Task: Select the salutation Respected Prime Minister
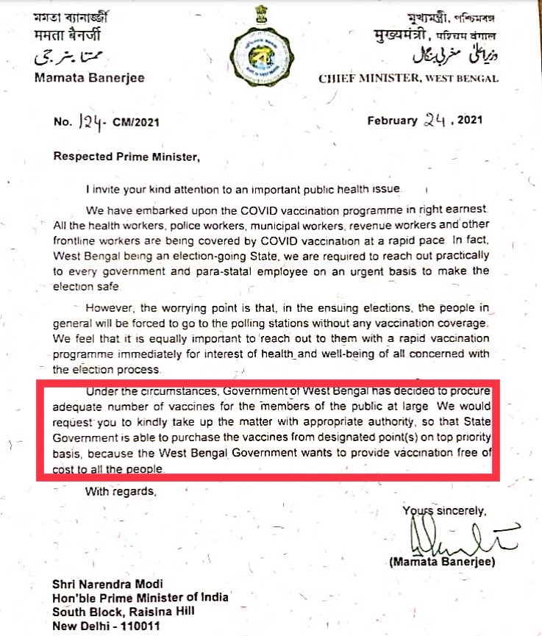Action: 126,156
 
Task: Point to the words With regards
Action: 121,490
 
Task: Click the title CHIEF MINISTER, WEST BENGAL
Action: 408,79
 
